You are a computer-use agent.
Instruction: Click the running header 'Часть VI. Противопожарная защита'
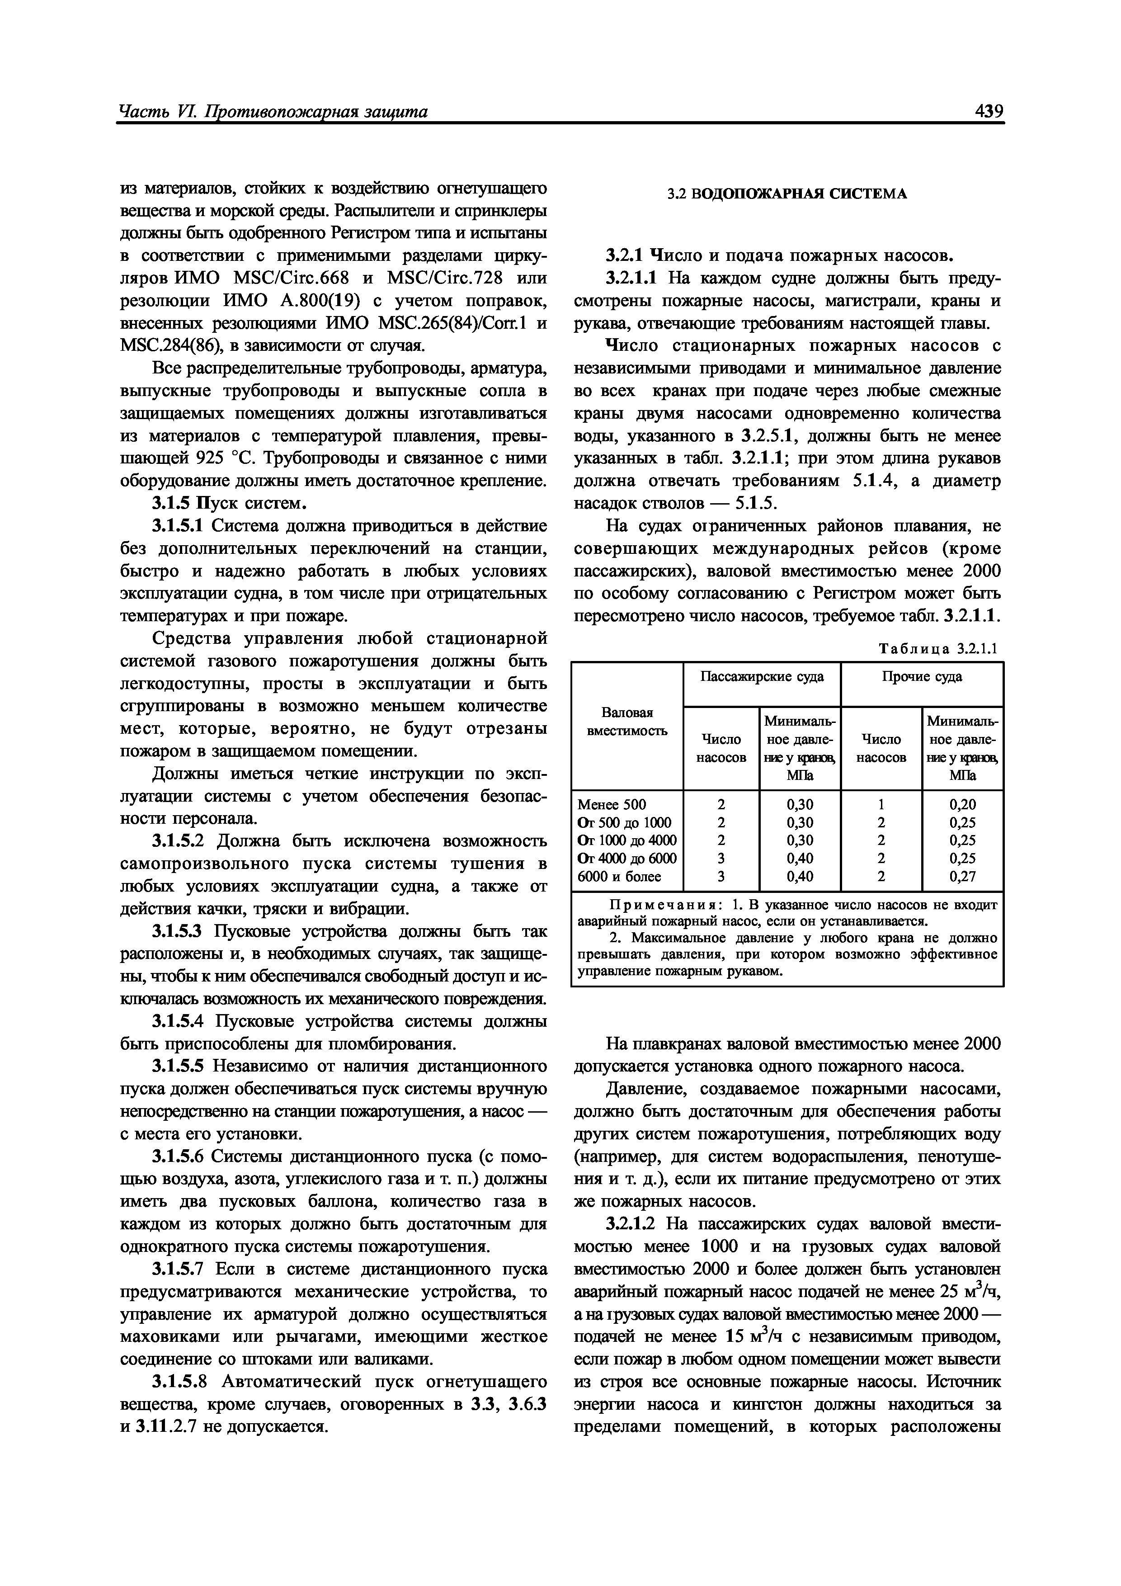tap(273, 111)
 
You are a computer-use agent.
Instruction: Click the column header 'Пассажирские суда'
tap(761, 676)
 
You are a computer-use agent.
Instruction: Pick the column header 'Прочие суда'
tap(921, 676)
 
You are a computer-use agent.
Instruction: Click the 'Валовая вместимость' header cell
tap(626, 721)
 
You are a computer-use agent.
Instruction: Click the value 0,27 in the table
tap(962, 877)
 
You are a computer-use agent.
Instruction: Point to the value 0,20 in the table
tap(962, 804)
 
